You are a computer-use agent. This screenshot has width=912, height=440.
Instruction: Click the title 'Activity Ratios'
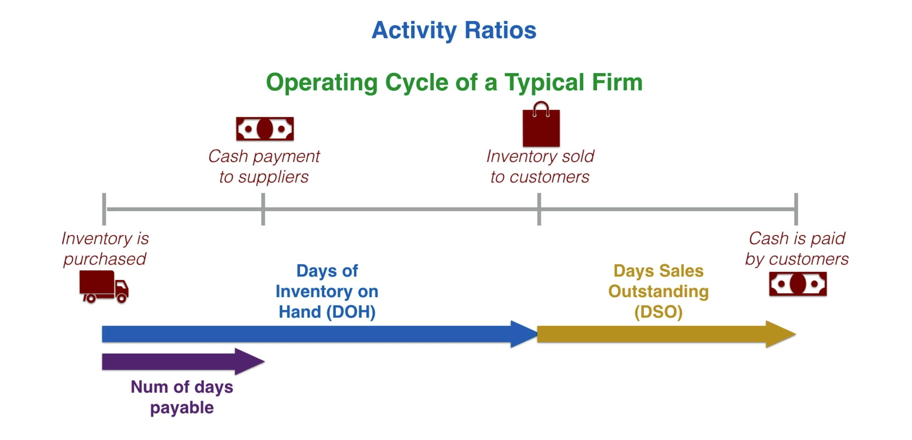pyautogui.click(x=454, y=30)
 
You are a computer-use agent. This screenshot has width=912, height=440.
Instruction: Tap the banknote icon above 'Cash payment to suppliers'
pyautogui.click(x=265, y=129)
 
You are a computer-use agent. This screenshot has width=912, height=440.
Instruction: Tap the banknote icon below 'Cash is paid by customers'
pyautogui.click(x=798, y=284)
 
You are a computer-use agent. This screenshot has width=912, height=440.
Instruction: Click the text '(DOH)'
pyautogui.click(x=351, y=312)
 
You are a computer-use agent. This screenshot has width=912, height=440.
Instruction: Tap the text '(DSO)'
pyautogui.click(x=658, y=312)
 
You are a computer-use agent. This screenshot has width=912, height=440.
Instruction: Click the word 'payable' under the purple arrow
pyautogui.click(x=182, y=408)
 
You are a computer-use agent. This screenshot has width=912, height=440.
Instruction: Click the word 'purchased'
pyautogui.click(x=105, y=259)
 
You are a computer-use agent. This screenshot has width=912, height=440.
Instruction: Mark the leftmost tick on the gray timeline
pyautogui.click(x=104, y=209)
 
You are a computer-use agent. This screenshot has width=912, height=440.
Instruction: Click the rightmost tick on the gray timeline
pyautogui.click(x=796, y=209)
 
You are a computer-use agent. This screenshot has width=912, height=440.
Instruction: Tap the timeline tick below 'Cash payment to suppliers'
pyautogui.click(x=263, y=209)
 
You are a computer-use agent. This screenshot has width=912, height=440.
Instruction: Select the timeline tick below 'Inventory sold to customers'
pyautogui.click(x=539, y=209)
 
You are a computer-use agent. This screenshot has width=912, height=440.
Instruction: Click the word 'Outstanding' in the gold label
pyautogui.click(x=658, y=291)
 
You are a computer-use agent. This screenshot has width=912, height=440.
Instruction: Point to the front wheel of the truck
pyautogui.click(x=122, y=298)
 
